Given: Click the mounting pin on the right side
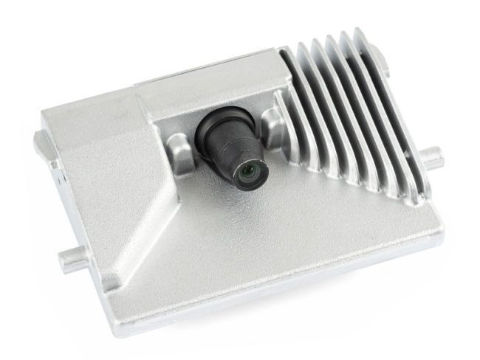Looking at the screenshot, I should [436, 155].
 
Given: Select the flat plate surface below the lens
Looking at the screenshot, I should [281, 236].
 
